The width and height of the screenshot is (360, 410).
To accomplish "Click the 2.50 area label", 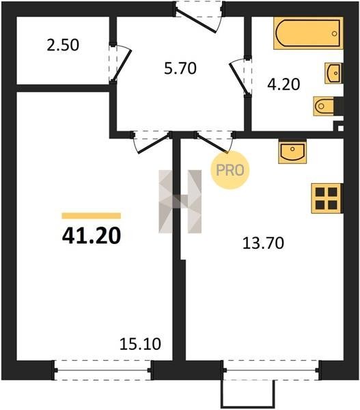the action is [63, 45].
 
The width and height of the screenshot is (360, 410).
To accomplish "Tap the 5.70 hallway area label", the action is [180, 68].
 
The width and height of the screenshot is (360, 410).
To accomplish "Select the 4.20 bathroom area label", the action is [283, 85].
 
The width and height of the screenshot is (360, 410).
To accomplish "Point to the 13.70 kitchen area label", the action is [263, 243].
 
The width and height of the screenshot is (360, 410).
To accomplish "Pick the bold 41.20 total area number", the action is [92, 236].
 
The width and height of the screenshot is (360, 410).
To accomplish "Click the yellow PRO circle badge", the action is [230, 170].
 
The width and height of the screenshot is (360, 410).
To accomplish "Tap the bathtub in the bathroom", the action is [308, 33].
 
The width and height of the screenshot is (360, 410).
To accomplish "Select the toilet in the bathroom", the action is [324, 106].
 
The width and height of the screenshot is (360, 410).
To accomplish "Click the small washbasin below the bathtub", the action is [333, 73].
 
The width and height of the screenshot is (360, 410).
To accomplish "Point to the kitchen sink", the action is [292, 152].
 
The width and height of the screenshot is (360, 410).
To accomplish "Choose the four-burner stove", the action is [327, 198].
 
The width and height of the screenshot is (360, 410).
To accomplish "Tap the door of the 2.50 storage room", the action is [121, 64].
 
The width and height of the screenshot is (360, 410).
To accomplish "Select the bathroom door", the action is [239, 77].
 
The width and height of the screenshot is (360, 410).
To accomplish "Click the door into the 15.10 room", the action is [152, 143].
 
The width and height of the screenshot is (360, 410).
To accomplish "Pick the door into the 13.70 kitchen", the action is [214, 143].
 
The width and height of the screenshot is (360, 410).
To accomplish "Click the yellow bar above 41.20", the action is [92, 216].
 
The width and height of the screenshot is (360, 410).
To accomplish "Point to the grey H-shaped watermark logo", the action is [180, 202].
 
